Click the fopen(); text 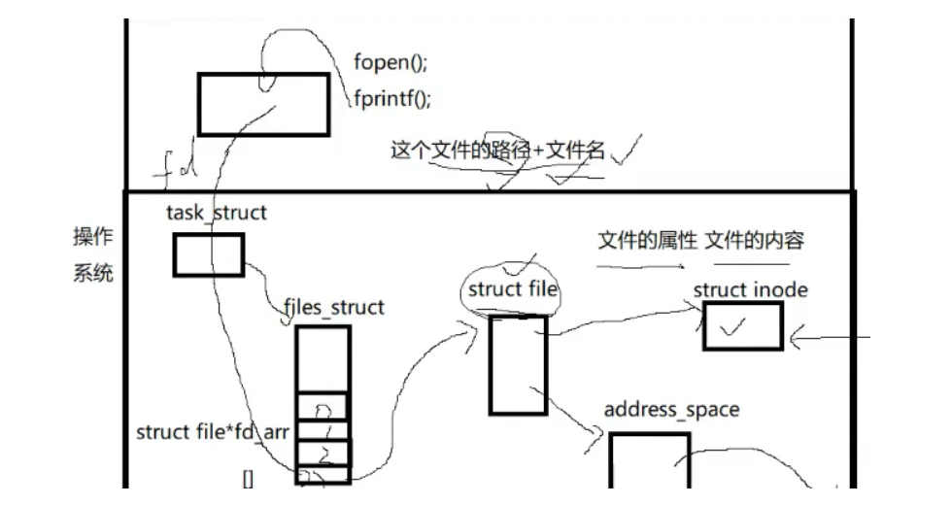tap(391, 64)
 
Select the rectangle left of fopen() tap(264, 103)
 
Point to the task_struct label tap(216, 213)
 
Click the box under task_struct tap(209, 254)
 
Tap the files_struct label tap(334, 308)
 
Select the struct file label tap(510, 289)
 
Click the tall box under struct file tap(517, 364)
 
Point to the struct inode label tap(750, 289)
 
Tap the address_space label tap(671, 409)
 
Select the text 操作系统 tap(93, 254)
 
